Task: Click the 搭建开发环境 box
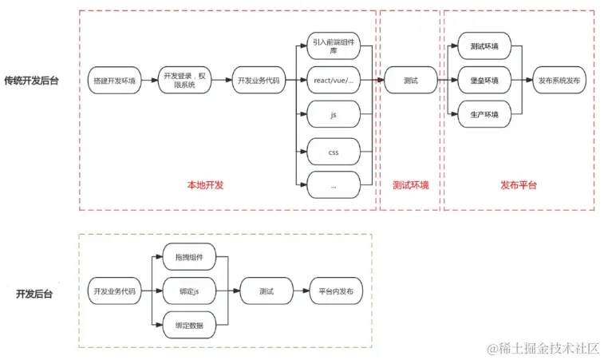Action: (x=115, y=81)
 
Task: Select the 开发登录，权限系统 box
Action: (x=184, y=80)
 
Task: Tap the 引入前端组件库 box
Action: (x=333, y=47)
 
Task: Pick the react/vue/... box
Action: (x=333, y=81)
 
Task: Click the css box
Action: (x=333, y=150)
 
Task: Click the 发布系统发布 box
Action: (x=560, y=81)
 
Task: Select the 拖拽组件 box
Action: (x=188, y=257)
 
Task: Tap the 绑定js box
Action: (x=188, y=291)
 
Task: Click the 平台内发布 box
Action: (x=335, y=291)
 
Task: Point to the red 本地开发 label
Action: (x=205, y=185)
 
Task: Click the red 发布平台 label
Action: (x=519, y=185)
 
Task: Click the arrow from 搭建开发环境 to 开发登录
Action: (x=148, y=81)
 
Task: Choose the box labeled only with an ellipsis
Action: (x=333, y=185)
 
